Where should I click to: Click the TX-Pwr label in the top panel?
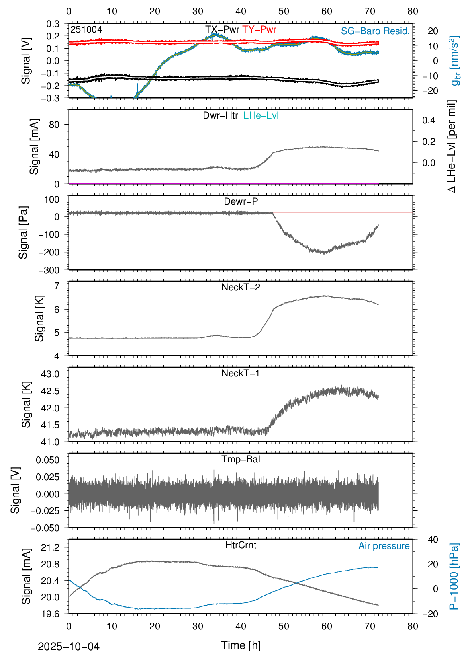click(222, 29)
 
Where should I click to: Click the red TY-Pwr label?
click(259, 29)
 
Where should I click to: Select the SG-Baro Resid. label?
click(375, 31)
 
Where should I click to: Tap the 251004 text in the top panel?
click(86, 29)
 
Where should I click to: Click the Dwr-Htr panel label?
click(220, 115)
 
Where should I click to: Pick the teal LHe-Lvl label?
click(261, 115)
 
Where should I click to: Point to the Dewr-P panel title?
click(241, 201)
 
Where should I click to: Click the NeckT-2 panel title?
click(241, 287)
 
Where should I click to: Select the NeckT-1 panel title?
click(241, 373)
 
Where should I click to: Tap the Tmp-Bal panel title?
click(241, 459)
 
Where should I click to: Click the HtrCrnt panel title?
click(241, 545)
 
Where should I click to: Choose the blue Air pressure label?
click(384, 546)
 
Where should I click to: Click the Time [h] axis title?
click(241, 645)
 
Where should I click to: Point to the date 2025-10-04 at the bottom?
click(69, 647)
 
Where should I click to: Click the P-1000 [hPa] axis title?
click(454, 576)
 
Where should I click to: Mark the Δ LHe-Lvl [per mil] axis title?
click(452, 146)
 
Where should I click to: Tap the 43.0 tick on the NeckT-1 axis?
click(50, 374)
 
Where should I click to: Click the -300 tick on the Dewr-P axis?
click(49, 270)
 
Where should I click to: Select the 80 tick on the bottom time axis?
click(413, 626)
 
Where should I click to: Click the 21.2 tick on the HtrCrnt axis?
click(50, 547)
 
